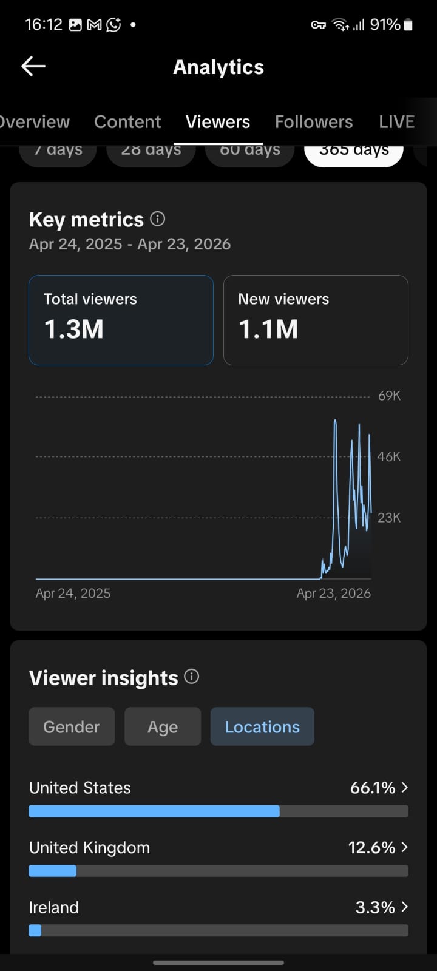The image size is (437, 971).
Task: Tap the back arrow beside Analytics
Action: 33,67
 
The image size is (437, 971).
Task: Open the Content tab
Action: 127,122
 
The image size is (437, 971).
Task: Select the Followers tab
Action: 314,122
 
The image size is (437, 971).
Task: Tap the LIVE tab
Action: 396,122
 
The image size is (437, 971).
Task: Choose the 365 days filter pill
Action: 354,152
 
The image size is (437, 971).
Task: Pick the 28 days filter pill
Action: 151,152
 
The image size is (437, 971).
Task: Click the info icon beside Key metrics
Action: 158,218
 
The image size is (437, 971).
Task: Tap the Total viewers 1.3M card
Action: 121,320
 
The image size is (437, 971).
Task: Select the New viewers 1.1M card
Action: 316,320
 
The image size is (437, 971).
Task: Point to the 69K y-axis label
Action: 389,396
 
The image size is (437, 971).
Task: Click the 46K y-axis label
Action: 389,456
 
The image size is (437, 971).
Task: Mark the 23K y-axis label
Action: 389,518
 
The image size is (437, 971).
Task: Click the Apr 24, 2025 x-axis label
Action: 73,594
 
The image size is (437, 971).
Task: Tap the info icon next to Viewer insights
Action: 192,677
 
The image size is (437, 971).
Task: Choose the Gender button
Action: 72,726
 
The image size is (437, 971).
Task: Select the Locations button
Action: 262,726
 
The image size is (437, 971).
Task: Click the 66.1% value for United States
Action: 373,788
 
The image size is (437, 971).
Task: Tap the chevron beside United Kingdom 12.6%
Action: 405,847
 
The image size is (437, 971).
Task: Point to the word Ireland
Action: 54,907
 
